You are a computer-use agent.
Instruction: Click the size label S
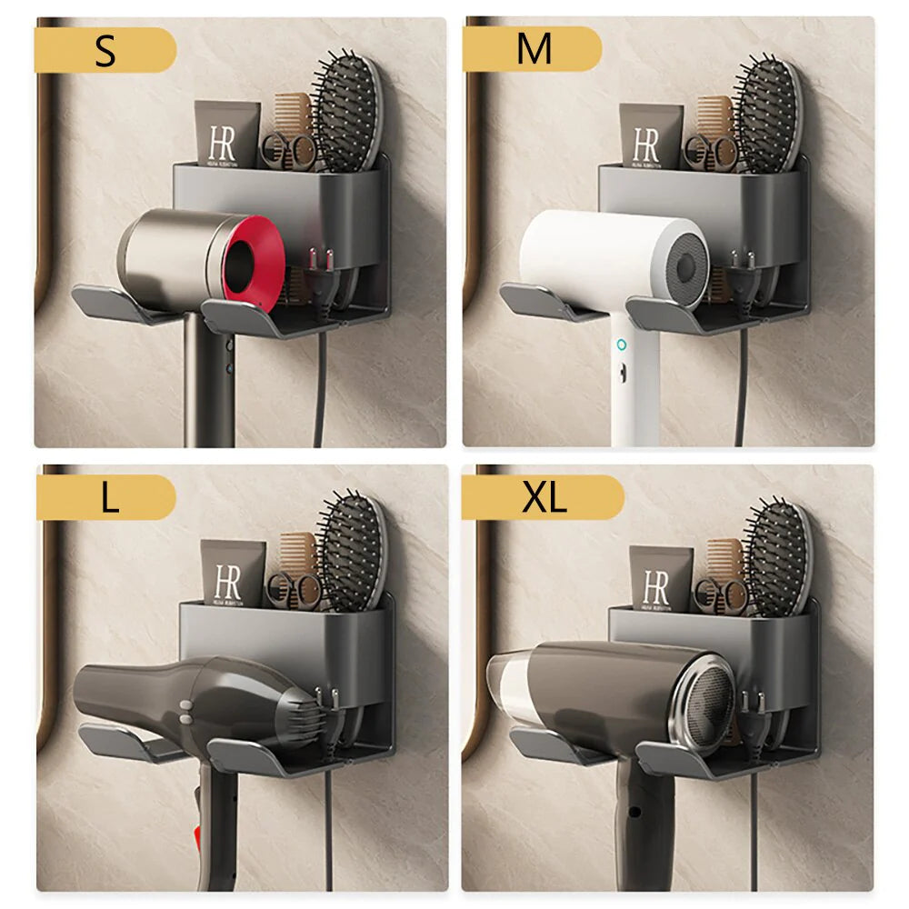pos(105,51)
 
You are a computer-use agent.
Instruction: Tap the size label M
pos(534,50)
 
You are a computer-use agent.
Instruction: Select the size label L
pos(109,498)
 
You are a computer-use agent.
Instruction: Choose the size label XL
pos(544,498)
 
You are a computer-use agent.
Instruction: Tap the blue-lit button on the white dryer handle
pos(621,345)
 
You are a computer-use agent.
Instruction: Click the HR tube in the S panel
pos(226,134)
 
